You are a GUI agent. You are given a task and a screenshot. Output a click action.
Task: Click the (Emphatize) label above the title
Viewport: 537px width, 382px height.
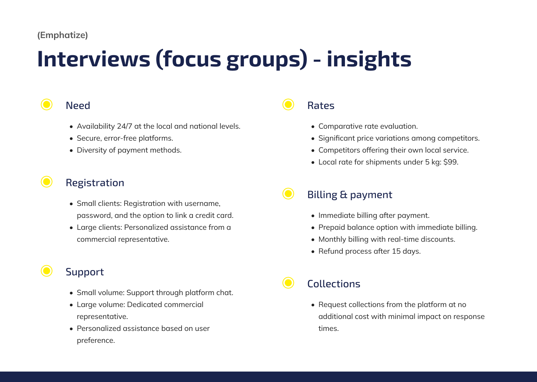tap(63, 35)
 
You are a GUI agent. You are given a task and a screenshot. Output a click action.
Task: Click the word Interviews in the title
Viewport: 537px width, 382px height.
tap(94, 59)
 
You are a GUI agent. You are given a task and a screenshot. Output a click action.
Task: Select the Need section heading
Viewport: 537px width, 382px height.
tap(78, 106)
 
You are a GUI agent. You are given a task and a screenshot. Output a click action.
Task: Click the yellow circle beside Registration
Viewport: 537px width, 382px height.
tap(47, 182)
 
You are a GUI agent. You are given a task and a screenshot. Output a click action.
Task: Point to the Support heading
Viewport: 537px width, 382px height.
tap(85, 272)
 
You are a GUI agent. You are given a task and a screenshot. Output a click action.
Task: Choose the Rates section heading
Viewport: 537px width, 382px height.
tap(321, 106)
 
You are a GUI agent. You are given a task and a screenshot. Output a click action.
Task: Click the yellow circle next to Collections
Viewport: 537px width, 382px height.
tap(288, 283)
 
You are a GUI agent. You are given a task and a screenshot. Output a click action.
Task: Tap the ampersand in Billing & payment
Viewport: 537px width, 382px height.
tap(343, 195)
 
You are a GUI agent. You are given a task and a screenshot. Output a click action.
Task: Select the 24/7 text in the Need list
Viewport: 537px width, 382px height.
tap(125, 126)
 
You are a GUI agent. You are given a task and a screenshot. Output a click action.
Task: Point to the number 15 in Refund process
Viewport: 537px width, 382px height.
tap(396, 251)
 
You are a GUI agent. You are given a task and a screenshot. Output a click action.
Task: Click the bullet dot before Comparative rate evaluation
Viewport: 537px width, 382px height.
tap(313, 127)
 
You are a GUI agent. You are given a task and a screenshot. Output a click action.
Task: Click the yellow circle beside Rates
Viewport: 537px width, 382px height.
tap(288, 104)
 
